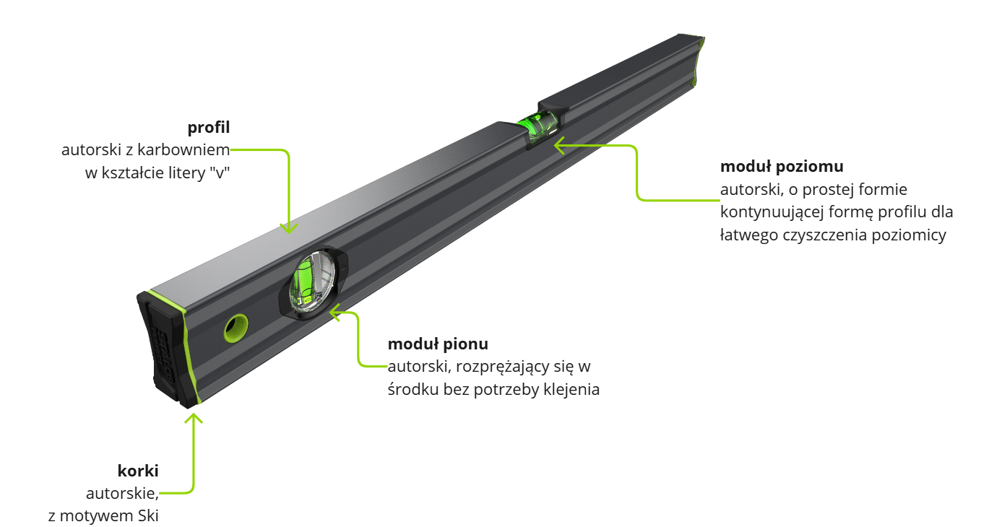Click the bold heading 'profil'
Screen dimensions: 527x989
tap(208, 129)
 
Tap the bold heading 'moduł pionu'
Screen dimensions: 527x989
tap(437, 344)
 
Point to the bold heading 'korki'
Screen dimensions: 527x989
tap(138, 471)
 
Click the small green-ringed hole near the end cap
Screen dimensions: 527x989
tap(234, 329)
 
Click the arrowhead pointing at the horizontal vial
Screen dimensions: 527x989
tap(558, 145)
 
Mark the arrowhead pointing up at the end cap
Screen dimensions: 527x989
tap(194, 417)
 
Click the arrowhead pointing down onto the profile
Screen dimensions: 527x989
tap(288, 227)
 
